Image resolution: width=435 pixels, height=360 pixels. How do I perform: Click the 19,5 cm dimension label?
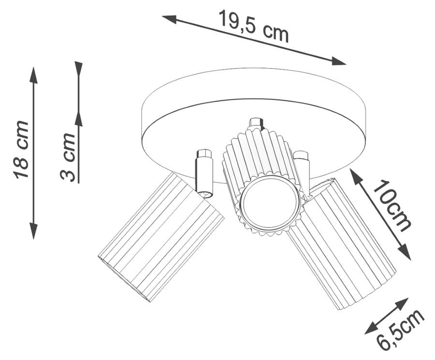(x=254, y=27)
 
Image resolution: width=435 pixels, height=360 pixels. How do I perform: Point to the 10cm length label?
(x=391, y=205)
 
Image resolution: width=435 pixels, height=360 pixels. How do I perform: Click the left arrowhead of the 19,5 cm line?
(x=169, y=19)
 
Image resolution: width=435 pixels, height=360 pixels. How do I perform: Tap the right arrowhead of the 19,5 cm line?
(x=338, y=61)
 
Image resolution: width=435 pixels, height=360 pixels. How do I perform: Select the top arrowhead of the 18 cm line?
(x=33, y=75)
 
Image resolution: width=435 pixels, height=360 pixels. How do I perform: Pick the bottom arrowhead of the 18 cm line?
(x=33, y=231)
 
